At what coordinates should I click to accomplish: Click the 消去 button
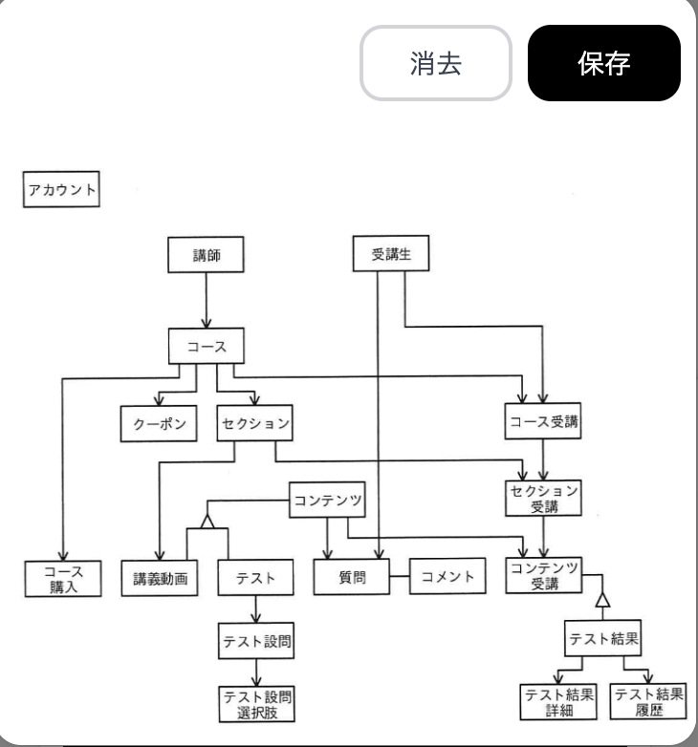pos(435,63)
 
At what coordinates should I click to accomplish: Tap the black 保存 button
pos(603,63)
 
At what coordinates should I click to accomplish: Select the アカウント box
pos(61,189)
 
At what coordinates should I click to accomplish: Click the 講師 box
pos(206,254)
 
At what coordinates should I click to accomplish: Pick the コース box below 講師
pos(207,346)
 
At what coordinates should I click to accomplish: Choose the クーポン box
pos(159,423)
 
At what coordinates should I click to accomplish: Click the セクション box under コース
pos(253,423)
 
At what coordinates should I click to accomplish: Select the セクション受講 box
pos(543,498)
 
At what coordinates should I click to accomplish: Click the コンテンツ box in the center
pos(328,499)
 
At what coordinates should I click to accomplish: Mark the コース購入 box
pos(63,579)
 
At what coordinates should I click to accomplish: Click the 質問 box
pos(352,578)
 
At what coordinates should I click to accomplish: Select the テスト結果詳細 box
pos(559,702)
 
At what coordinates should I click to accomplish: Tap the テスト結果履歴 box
pos(649,702)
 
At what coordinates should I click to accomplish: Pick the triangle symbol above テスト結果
pos(601,599)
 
